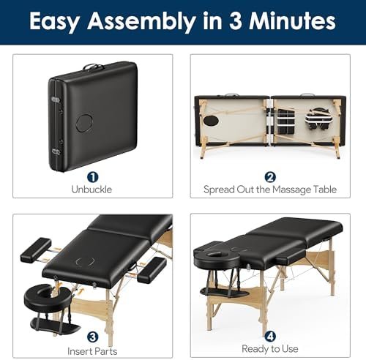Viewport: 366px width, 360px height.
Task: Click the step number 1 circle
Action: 92,176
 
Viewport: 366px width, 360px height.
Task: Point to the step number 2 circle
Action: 269,176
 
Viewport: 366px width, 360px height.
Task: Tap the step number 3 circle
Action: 92,337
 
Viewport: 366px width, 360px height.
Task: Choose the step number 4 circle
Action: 269,337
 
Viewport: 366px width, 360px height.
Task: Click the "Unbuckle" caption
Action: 92,190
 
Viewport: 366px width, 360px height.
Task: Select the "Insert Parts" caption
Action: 92,350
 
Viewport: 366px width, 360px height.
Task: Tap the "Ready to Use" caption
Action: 269,350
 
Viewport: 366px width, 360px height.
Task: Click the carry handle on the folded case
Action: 93,68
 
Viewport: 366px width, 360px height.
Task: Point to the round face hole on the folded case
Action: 86,121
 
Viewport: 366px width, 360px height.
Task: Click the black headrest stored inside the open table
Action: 316,119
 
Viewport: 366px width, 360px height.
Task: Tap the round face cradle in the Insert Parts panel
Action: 45,295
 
